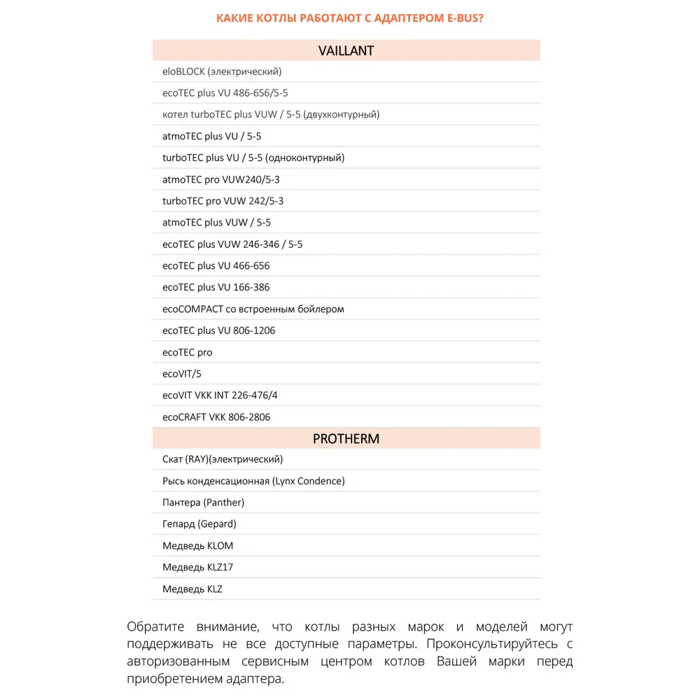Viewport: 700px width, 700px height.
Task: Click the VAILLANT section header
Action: pyautogui.click(x=346, y=50)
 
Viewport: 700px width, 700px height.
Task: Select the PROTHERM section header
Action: pyautogui.click(x=346, y=439)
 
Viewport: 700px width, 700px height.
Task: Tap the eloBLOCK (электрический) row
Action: pyautogui.click(x=222, y=71)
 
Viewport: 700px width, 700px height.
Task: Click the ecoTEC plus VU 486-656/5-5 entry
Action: pyautogui.click(x=225, y=93)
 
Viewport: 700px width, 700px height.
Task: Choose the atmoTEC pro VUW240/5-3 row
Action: pyautogui.click(x=220, y=180)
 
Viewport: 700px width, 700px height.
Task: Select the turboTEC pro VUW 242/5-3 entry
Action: pyautogui.click(x=223, y=201)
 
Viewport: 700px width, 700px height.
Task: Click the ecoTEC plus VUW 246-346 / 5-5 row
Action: pyautogui.click(x=232, y=244)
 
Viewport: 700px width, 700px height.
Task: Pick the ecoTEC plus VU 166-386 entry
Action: pyautogui.click(x=216, y=287)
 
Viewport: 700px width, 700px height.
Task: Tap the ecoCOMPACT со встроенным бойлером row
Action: pyautogui.click(x=253, y=309)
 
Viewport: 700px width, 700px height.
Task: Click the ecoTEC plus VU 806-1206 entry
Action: pyautogui.click(x=218, y=330)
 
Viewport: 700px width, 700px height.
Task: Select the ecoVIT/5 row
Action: pyautogui.click(x=181, y=374)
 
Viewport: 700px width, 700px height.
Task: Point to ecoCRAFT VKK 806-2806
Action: pyautogui.click(x=216, y=417)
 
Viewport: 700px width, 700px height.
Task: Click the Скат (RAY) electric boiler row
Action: pyautogui.click(x=223, y=459)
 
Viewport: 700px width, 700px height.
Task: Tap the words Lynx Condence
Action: pyautogui.click(x=309, y=481)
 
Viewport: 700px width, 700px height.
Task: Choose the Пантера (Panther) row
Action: pyautogui.click(x=203, y=503)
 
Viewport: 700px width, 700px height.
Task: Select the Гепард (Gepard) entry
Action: pyautogui.click(x=199, y=524)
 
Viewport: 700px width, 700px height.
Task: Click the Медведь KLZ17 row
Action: pyautogui.click(x=197, y=567)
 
